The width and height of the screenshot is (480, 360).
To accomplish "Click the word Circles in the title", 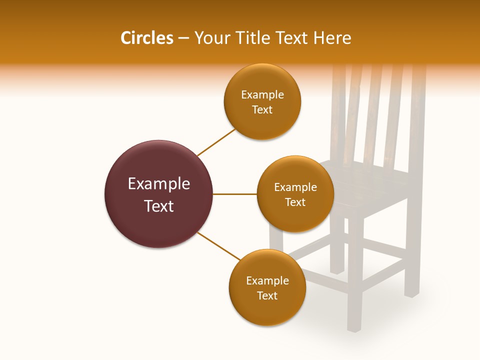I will [x=146, y=38].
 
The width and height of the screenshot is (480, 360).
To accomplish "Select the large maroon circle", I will [x=159, y=194].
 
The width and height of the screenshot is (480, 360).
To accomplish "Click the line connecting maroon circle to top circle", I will [x=216, y=142].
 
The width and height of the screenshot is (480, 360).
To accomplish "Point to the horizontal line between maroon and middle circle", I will [x=235, y=194].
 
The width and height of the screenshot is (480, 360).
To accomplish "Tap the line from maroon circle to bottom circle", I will [x=218, y=246].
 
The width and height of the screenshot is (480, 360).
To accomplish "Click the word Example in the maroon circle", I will [x=159, y=183].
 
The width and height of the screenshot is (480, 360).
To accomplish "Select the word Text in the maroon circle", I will [x=159, y=205].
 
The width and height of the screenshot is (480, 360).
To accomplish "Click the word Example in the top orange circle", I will [x=262, y=95].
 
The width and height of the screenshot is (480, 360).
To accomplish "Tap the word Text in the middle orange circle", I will [x=295, y=202].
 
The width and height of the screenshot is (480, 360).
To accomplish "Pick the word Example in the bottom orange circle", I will [x=267, y=280].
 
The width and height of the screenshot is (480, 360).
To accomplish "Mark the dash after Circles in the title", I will [x=183, y=38].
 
